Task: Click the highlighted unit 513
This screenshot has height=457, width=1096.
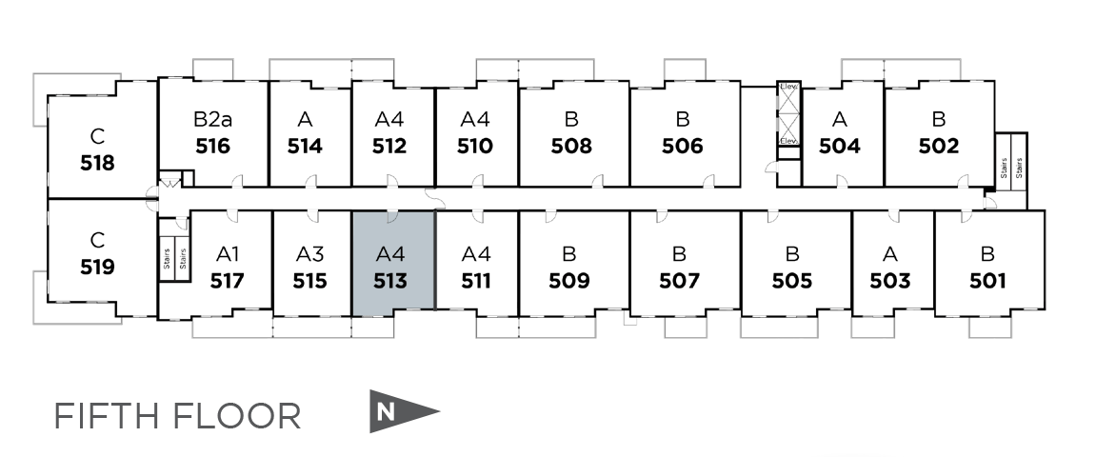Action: click(393, 267)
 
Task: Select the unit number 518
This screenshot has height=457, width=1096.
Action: click(97, 163)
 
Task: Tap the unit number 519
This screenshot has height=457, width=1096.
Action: click(97, 267)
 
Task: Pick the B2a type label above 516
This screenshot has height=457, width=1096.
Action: click(212, 120)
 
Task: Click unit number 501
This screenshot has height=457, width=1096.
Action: click(987, 281)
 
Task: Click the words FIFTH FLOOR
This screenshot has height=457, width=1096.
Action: click(177, 416)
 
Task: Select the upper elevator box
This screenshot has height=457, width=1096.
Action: click(788, 97)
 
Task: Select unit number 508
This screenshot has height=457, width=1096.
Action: click(571, 147)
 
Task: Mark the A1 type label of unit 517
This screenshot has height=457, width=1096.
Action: click(228, 254)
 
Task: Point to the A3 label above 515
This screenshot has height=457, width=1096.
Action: click(309, 254)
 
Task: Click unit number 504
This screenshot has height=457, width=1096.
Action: click(840, 147)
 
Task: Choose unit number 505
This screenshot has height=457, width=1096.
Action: click(792, 281)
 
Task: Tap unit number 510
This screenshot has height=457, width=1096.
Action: click(474, 147)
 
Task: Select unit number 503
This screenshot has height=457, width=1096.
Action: click(890, 281)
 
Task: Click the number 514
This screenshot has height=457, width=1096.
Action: click(305, 147)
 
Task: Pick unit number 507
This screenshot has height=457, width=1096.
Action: click(679, 281)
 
